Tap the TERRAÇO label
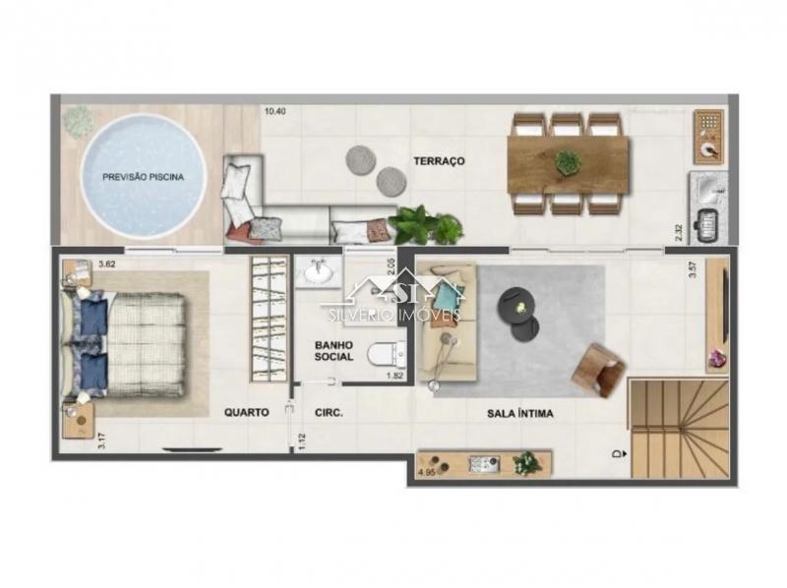click(438, 160)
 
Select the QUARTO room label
click(246, 413)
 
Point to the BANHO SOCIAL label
click(333, 351)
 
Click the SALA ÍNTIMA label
click(519, 414)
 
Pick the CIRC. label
click(328, 414)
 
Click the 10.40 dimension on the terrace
click(276, 111)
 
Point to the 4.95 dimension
click(427, 474)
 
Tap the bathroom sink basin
click(316, 272)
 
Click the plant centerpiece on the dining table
click(568, 162)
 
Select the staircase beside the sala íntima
click(679, 429)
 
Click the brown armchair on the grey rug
click(598, 369)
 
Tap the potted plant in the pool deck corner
click(78, 121)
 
